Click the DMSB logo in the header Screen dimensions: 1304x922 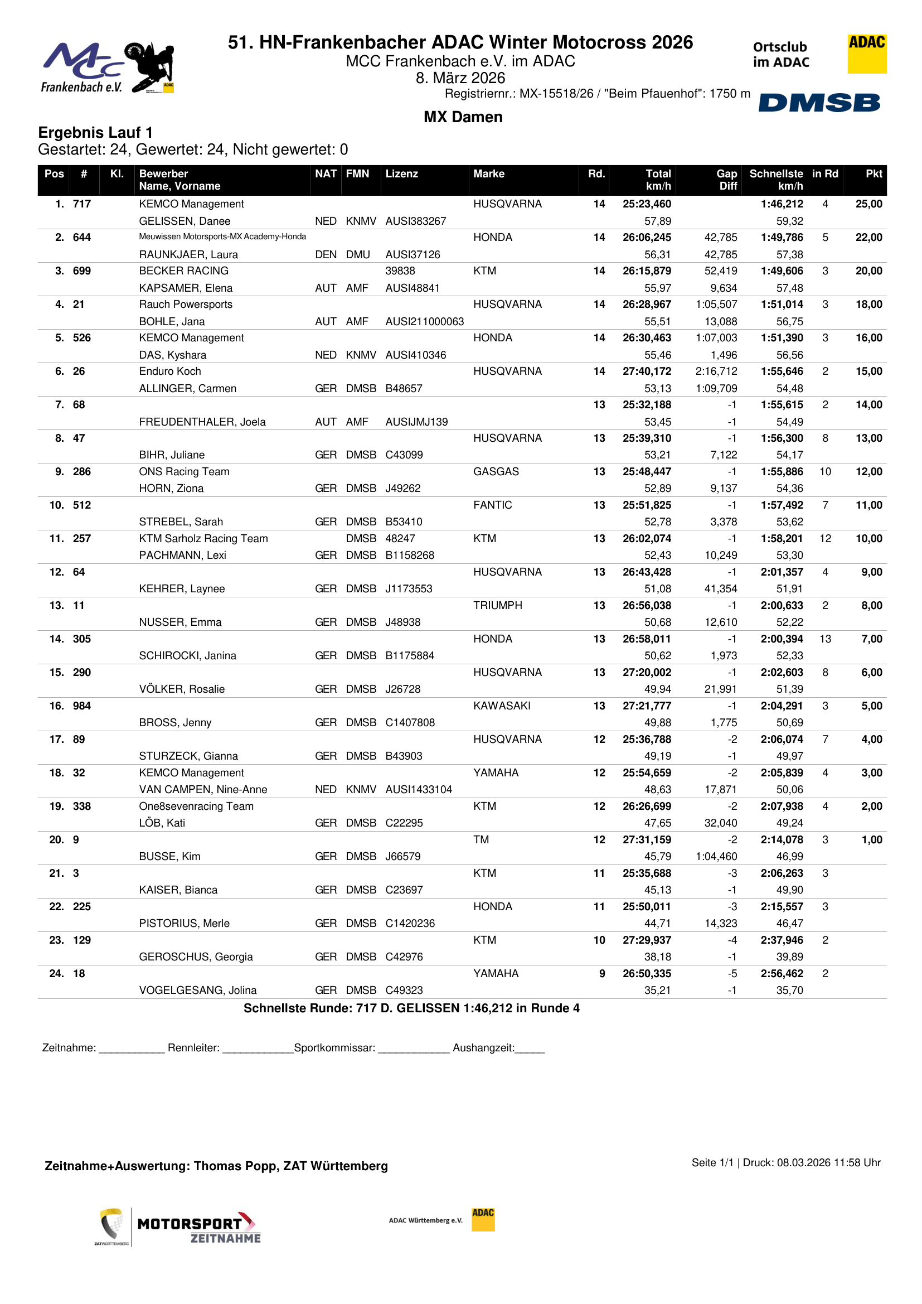click(819, 103)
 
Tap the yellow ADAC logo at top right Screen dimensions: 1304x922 click(866, 54)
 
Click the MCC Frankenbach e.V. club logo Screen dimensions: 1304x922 click(107, 67)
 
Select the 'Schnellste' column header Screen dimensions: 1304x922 click(775, 174)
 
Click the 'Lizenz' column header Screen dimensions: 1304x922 click(401, 174)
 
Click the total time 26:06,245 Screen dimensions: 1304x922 click(647, 238)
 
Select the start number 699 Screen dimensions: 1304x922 click(82, 271)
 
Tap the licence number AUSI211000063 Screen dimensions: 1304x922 click(424, 321)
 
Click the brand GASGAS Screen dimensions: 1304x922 click(496, 471)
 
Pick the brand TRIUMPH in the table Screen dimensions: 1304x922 click(497, 606)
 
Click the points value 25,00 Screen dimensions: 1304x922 click(868, 204)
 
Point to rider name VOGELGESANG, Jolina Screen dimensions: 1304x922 click(197, 990)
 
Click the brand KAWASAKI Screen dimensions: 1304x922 click(502, 706)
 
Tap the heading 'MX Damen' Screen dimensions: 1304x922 click(463, 117)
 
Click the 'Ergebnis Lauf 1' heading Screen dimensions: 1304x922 click(95, 133)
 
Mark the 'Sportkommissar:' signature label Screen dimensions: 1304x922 click(334, 1048)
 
